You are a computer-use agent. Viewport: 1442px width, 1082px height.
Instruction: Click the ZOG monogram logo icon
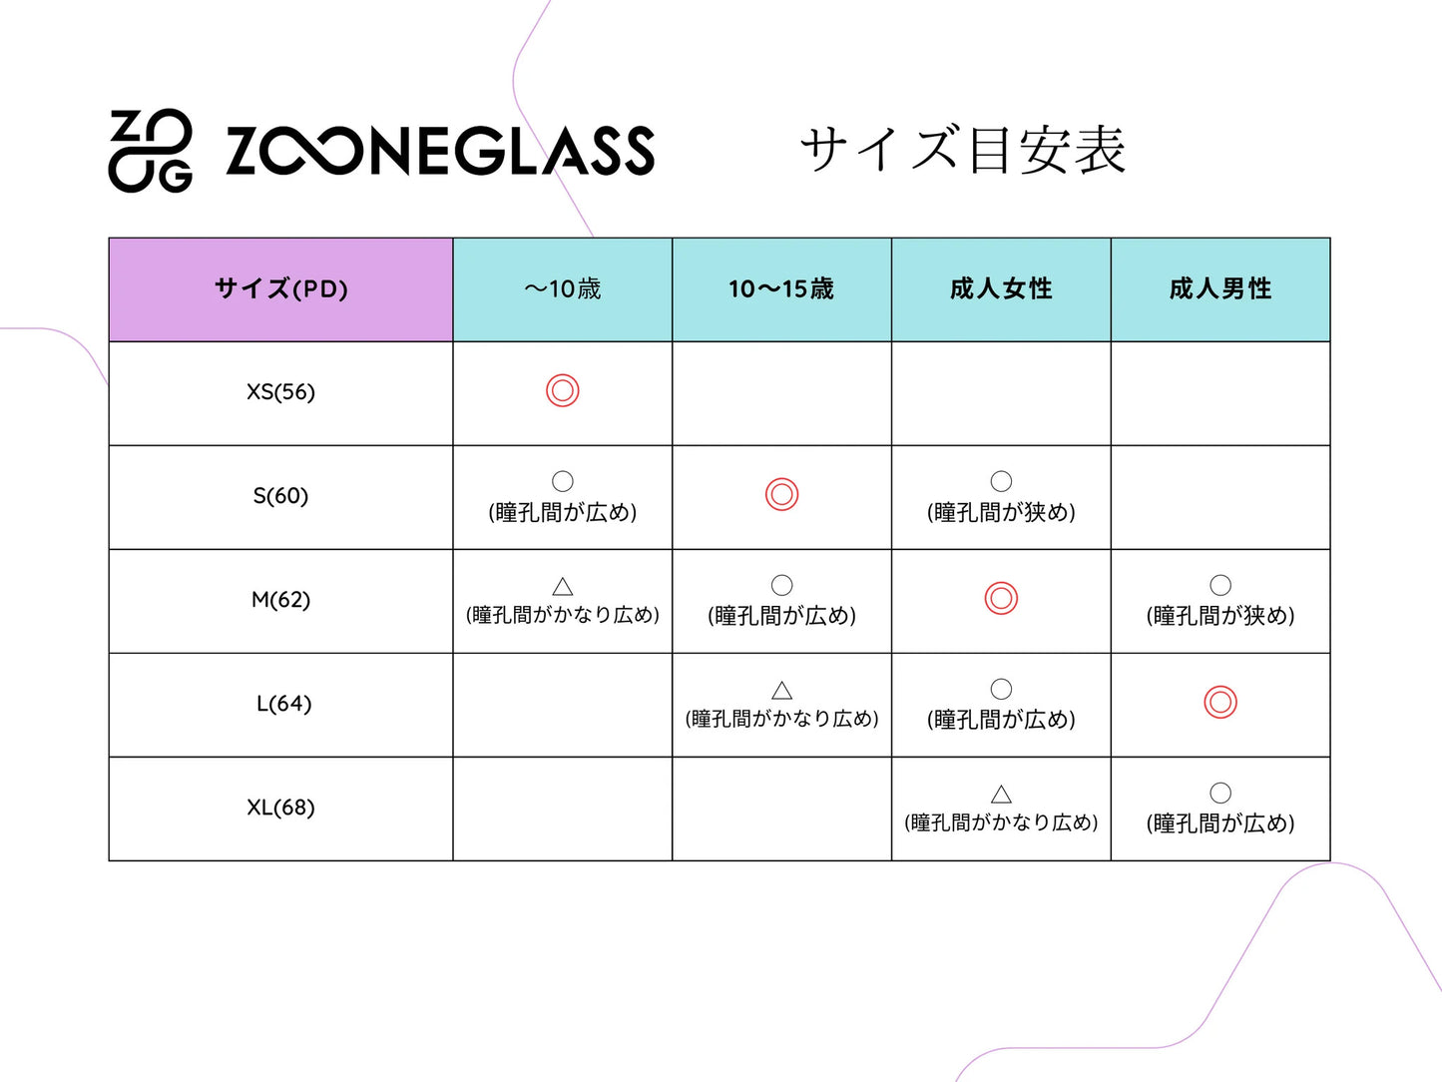coord(150,150)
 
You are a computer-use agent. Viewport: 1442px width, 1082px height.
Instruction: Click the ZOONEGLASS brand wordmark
coord(439,151)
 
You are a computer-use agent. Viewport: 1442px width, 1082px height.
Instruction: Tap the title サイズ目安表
coord(962,150)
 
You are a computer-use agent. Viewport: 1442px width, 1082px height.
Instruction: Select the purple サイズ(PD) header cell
coord(280,289)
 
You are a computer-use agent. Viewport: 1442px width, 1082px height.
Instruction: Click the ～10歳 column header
coord(562,289)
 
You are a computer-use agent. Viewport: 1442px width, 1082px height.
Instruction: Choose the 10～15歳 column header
coord(781,289)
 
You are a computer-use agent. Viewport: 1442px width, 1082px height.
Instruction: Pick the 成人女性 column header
coord(1001,289)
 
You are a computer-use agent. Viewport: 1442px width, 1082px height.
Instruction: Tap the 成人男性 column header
coord(1220,289)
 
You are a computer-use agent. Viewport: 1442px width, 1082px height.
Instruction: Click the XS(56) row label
coord(280,392)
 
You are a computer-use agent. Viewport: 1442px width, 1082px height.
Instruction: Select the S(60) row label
coord(280,496)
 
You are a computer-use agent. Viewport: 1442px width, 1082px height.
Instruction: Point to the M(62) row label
coord(280,600)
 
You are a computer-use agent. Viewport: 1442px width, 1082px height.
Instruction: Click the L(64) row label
coord(283,704)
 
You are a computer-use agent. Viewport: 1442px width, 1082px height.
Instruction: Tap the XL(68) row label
coord(280,808)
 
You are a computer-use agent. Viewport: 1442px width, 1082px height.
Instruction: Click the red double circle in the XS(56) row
coord(563,390)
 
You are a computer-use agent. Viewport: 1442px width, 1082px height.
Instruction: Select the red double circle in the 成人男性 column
coord(1220,702)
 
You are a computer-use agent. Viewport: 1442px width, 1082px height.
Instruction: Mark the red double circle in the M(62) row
coord(1001,598)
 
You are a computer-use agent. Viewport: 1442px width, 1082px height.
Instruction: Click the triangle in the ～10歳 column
coord(563,586)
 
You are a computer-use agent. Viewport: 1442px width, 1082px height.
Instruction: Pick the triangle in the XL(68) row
coord(1001,794)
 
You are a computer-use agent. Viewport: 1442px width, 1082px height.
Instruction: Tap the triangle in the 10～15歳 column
coord(782,690)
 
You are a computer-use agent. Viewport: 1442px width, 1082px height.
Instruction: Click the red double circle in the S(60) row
coord(782,494)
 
